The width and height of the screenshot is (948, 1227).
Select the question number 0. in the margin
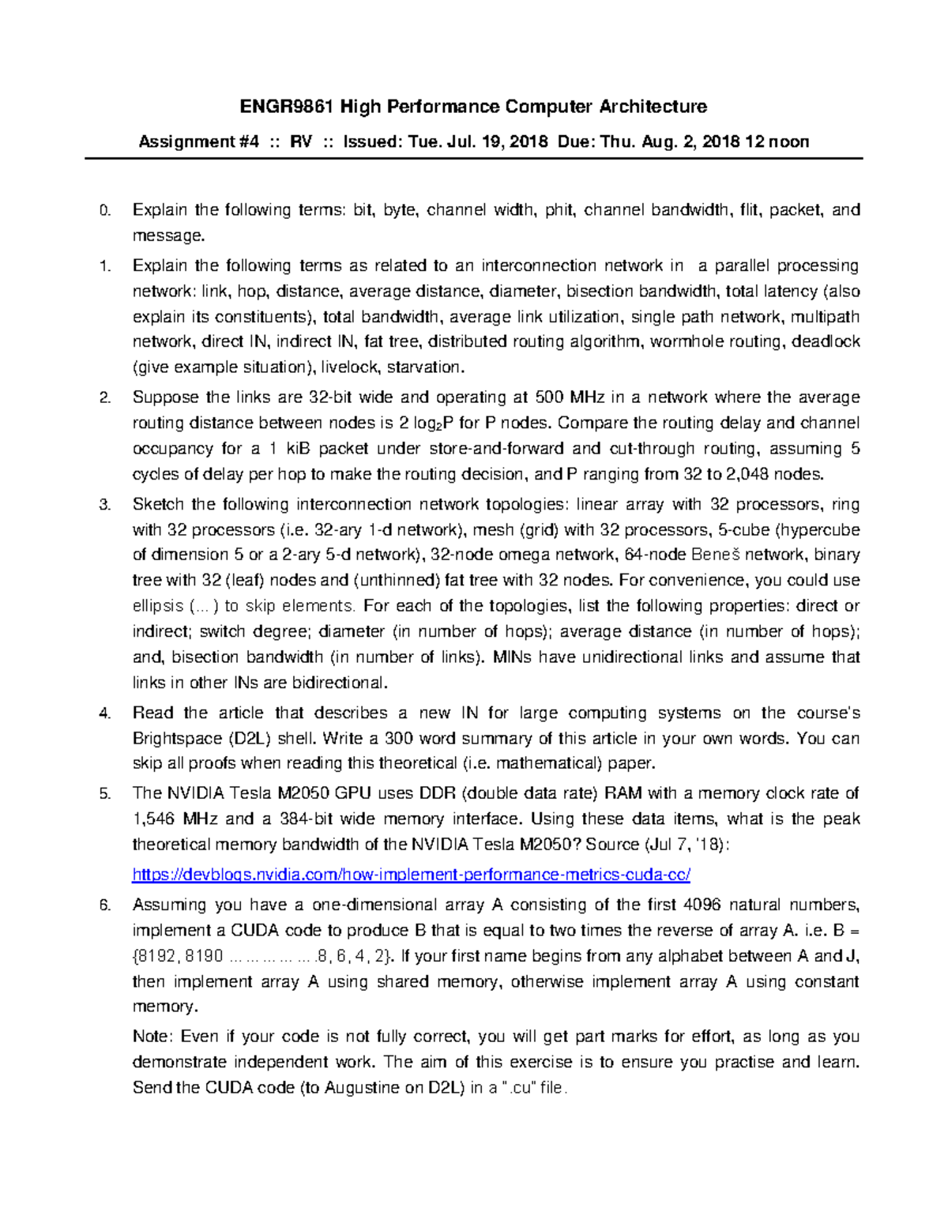(x=104, y=210)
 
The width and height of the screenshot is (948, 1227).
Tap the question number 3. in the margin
(x=104, y=505)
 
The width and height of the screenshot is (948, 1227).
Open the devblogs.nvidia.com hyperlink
(x=412, y=875)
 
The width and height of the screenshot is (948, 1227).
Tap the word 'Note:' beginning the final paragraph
(x=152, y=1037)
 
